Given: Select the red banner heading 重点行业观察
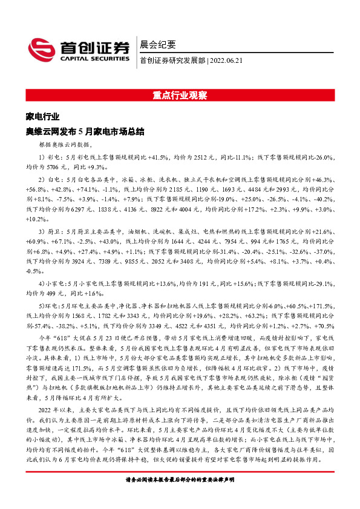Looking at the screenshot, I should pyautogui.click(x=180, y=96).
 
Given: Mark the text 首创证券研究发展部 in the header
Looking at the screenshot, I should pyautogui.click(x=172, y=60).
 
